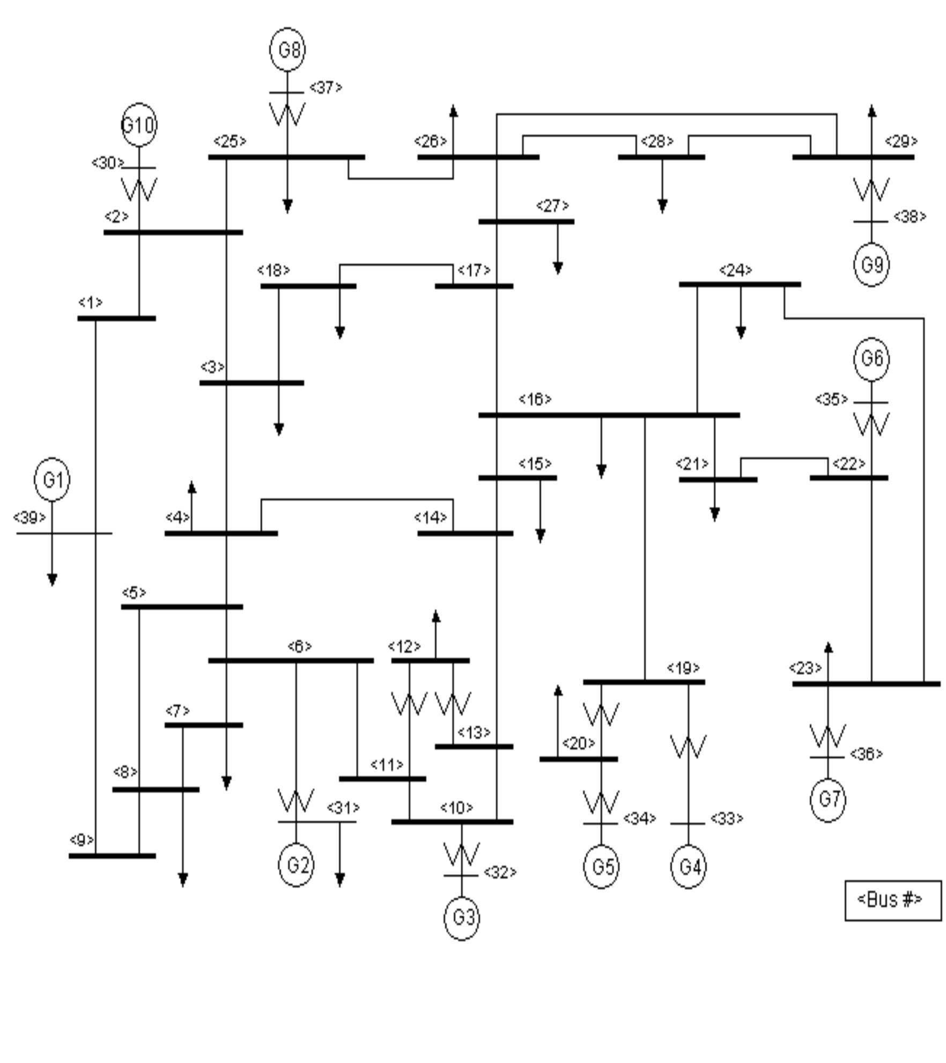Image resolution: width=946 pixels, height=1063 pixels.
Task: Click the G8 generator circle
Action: (x=287, y=49)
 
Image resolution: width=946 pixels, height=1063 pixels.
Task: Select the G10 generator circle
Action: (x=139, y=125)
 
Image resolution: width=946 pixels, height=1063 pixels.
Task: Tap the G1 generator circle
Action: (x=52, y=479)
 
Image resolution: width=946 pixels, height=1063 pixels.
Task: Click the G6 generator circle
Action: (x=871, y=358)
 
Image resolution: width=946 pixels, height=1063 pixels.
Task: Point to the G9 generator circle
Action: (x=871, y=264)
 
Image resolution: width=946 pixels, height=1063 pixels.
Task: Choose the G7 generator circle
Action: (x=828, y=799)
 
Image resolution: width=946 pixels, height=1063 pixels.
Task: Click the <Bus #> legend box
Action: (x=892, y=899)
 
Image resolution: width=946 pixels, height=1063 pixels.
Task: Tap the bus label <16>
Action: (x=535, y=399)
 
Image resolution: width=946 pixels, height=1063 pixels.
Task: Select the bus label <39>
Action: (x=29, y=518)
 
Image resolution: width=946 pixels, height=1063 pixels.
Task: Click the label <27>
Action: (x=552, y=206)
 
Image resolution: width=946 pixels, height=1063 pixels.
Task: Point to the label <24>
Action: (x=735, y=270)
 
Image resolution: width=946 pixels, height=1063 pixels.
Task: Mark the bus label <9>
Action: (x=82, y=840)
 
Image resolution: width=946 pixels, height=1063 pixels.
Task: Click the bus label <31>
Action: (x=343, y=807)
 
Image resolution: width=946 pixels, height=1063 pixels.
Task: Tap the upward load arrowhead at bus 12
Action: (x=436, y=617)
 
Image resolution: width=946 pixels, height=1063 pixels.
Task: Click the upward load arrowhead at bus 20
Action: (x=558, y=691)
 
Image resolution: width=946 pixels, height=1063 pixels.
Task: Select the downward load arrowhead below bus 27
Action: (x=558, y=268)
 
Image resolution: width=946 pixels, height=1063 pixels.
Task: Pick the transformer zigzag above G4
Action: (x=689, y=747)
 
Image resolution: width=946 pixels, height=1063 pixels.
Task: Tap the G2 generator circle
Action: (x=296, y=865)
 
